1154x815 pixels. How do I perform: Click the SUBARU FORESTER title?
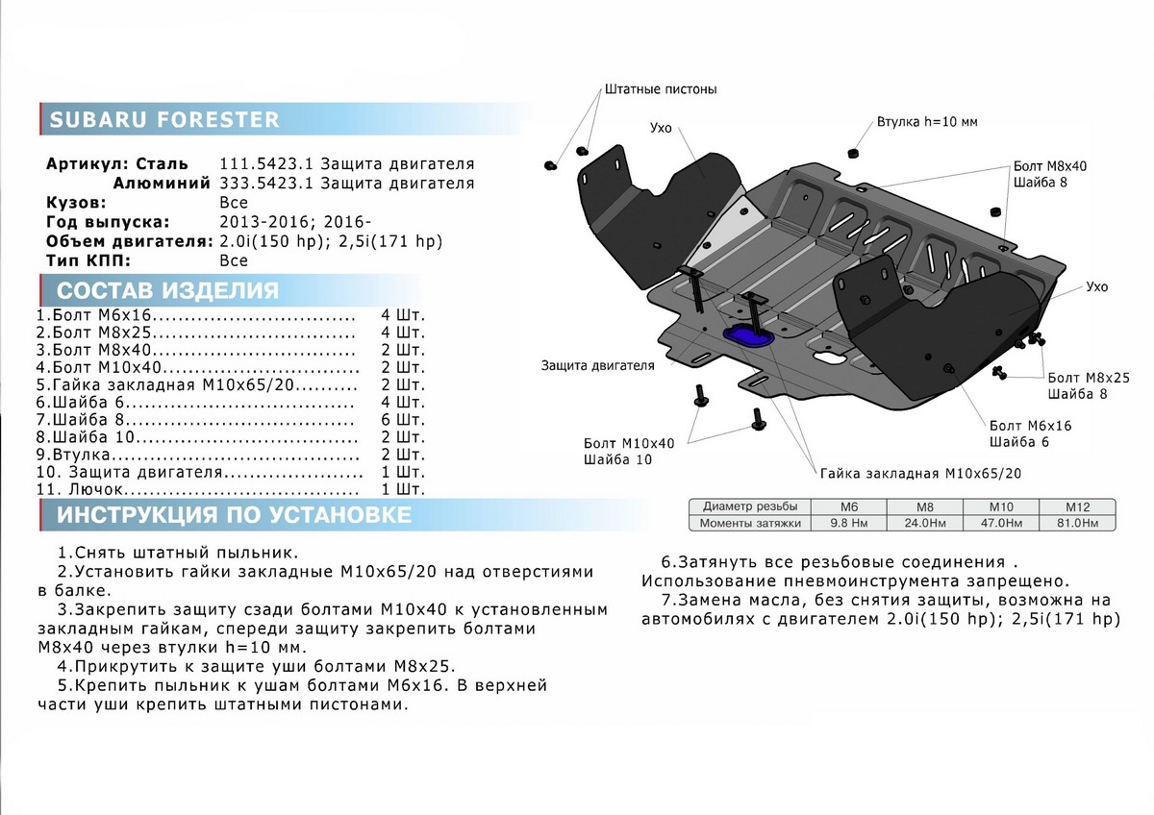[164, 120]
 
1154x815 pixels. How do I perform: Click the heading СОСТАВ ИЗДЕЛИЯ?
[167, 291]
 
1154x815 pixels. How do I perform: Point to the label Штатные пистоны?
[661, 89]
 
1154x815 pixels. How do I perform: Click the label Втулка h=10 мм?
[926, 123]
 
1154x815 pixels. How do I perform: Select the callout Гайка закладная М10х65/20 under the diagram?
[920, 474]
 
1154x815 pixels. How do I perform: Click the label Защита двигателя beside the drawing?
[597, 365]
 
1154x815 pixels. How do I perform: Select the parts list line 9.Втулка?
[197, 455]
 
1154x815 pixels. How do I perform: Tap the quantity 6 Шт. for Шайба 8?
[402, 420]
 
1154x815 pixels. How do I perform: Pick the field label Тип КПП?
[88, 260]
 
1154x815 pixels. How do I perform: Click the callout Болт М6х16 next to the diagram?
[1030, 425]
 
